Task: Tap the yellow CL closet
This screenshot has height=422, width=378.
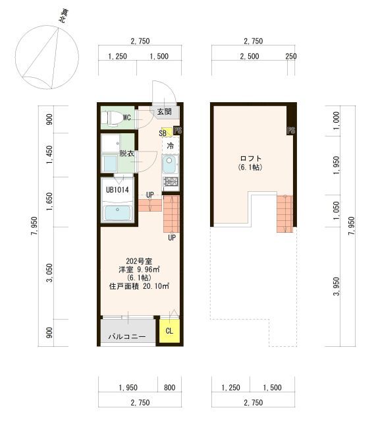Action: (169, 331)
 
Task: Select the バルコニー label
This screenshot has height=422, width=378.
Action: (127, 336)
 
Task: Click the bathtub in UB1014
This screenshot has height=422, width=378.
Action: (117, 213)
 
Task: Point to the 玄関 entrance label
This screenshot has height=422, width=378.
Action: (164, 111)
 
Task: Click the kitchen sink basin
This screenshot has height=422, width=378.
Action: (169, 164)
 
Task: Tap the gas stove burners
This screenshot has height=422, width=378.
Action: (170, 182)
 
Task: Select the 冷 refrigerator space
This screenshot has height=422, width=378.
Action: (170, 146)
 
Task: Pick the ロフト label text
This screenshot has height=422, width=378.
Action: (250, 158)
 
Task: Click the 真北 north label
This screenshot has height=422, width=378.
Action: (63, 16)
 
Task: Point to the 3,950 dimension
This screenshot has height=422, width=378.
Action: (337, 286)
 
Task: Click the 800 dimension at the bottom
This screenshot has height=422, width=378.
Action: (169, 388)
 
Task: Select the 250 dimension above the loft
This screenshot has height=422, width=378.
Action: (291, 56)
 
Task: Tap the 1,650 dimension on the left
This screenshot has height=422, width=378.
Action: (49, 201)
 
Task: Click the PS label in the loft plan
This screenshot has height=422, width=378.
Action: (291, 131)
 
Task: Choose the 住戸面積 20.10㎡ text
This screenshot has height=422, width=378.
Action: (139, 286)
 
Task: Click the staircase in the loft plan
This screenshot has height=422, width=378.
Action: (284, 214)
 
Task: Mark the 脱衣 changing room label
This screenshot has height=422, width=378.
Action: (126, 154)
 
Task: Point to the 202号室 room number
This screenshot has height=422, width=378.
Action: (139, 261)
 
